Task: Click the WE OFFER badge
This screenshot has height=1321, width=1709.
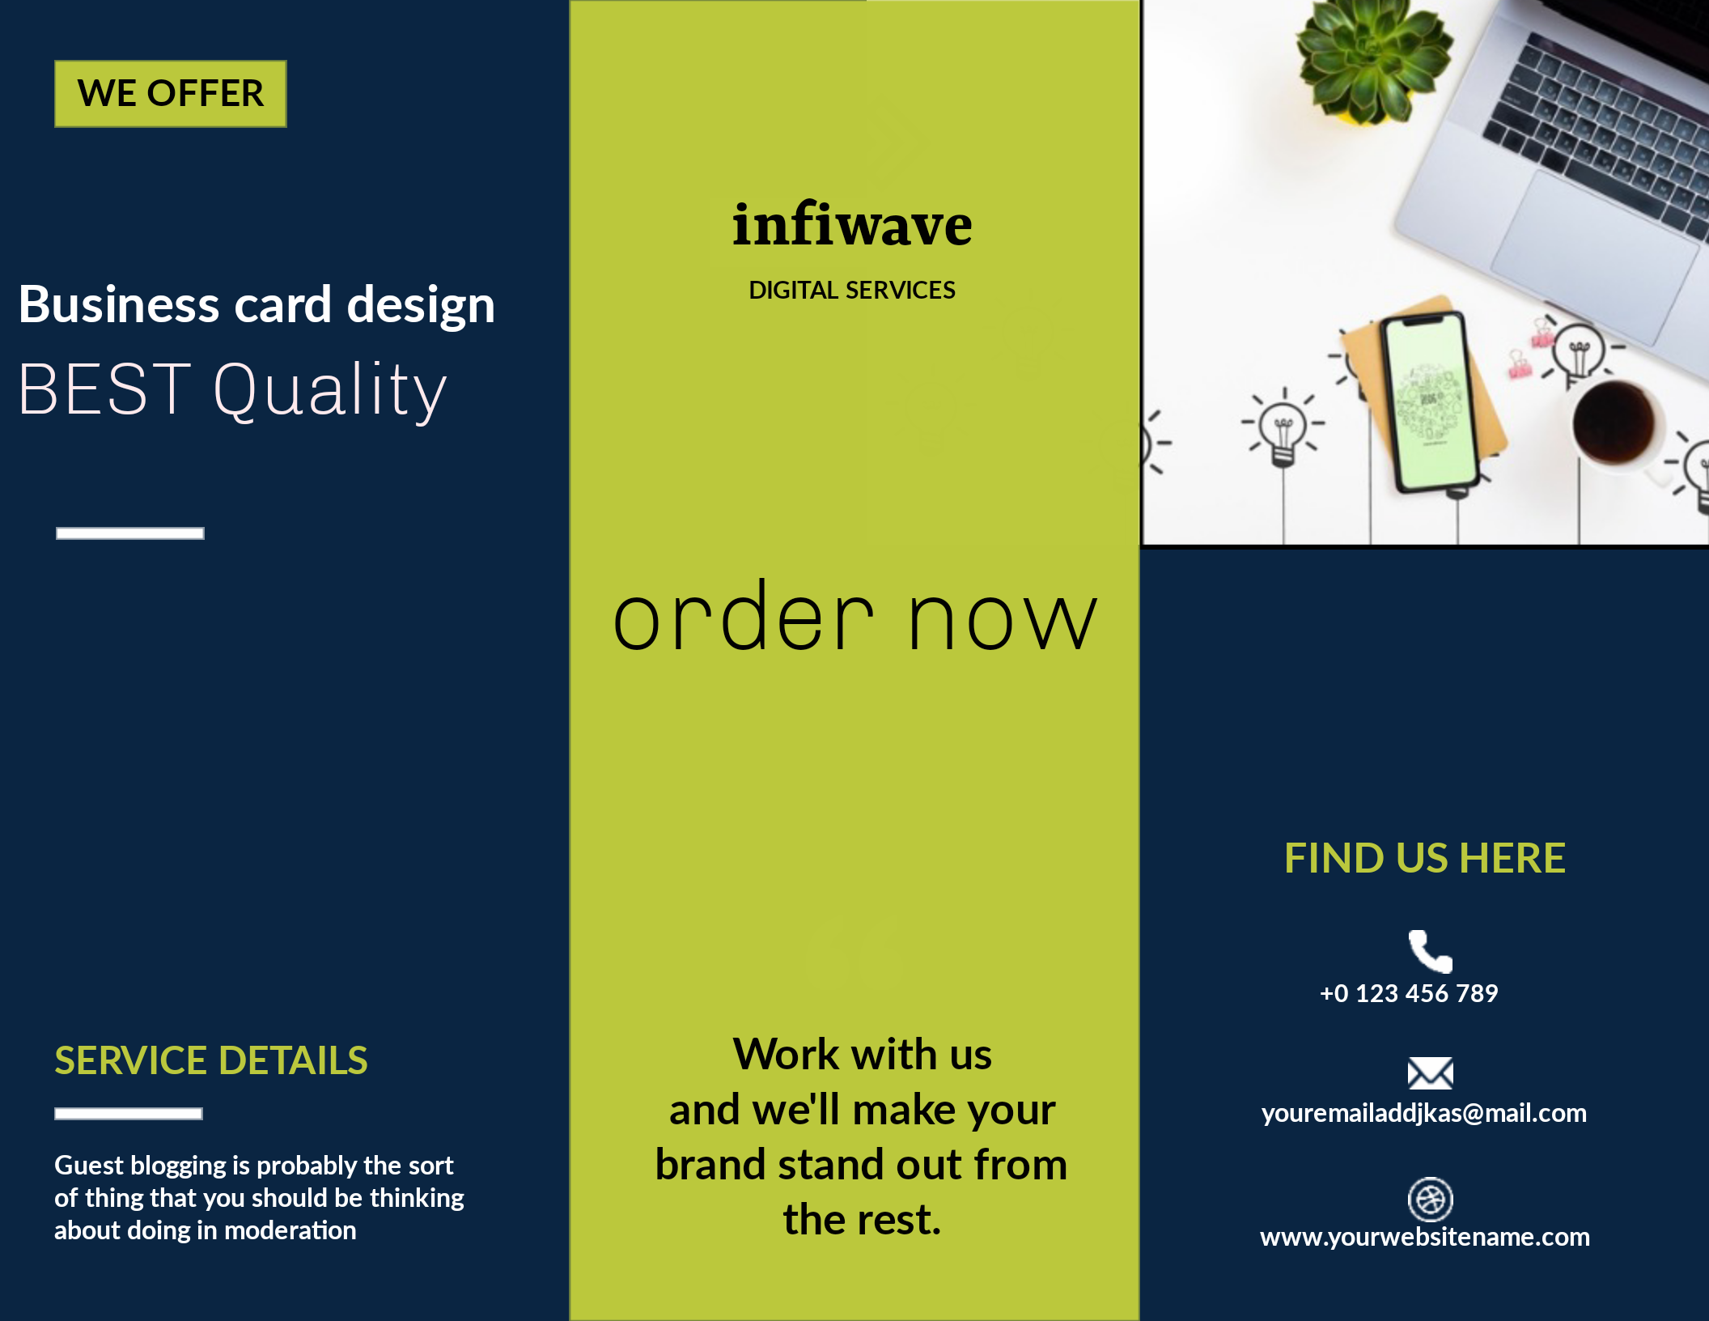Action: (x=170, y=93)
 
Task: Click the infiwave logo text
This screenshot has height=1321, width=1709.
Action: (x=852, y=225)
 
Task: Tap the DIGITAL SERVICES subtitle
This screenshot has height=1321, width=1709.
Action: (x=852, y=290)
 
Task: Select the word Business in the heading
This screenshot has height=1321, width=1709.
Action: (x=119, y=305)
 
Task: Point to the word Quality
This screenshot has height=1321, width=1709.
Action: (x=329, y=390)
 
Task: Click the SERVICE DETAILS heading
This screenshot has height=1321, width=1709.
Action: (x=210, y=1060)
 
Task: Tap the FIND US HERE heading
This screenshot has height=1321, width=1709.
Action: (x=1424, y=858)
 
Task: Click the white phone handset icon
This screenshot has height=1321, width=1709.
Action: (x=1430, y=951)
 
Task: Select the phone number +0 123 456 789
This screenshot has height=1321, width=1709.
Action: (x=1409, y=993)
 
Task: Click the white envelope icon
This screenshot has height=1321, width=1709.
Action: (x=1430, y=1073)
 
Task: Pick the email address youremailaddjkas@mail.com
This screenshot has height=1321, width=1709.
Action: (x=1423, y=1113)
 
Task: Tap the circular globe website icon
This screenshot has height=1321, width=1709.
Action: (x=1430, y=1199)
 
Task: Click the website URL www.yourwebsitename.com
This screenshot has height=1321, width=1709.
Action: (x=1424, y=1237)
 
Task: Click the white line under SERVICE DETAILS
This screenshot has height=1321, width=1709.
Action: (x=129, y=1114)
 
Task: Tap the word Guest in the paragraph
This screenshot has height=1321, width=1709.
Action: (x=88, y=1166)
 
